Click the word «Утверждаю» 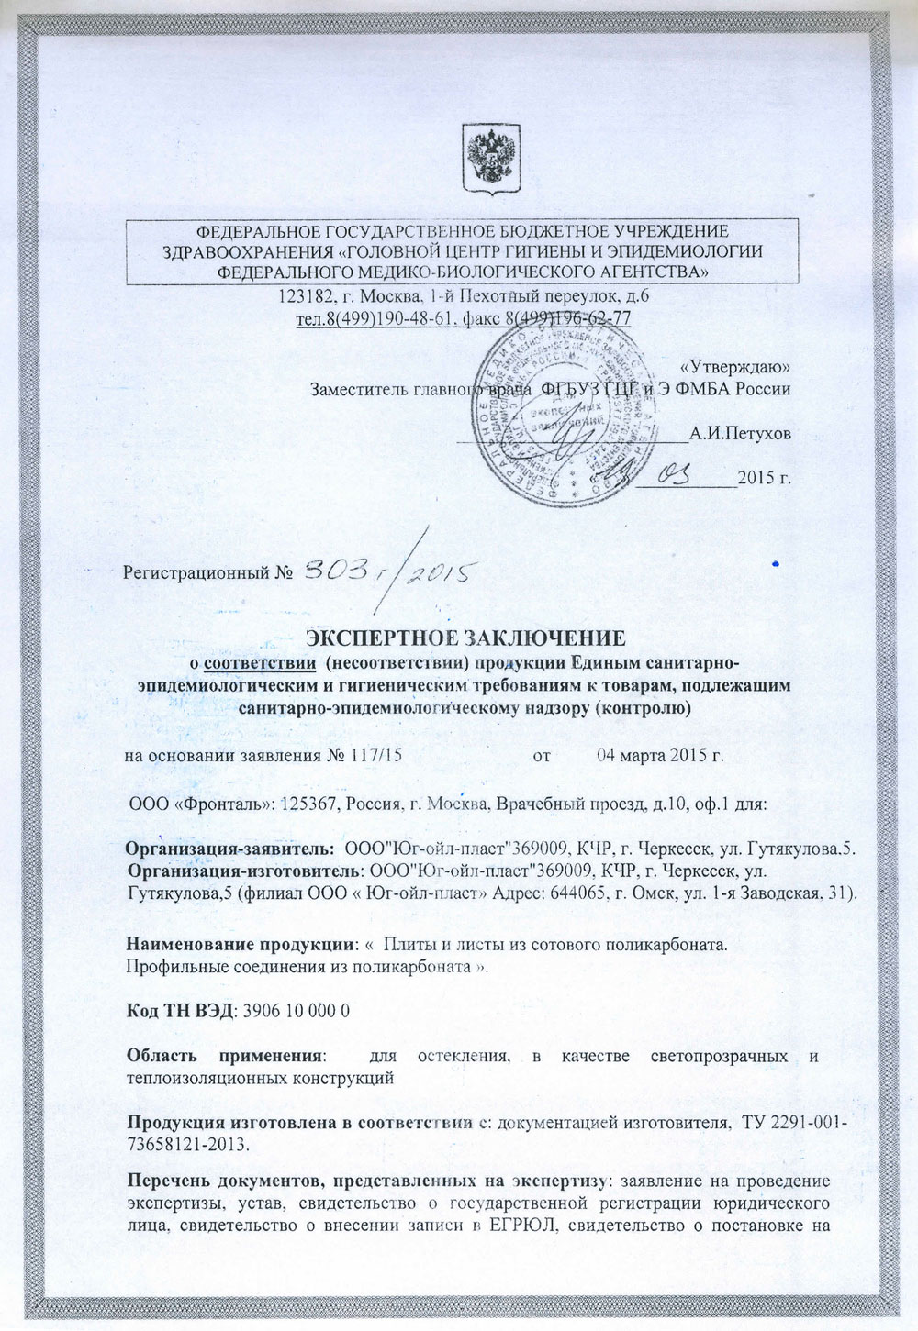click(x=740, y=367)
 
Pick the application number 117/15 click(x=376, y=756)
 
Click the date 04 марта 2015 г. click(x=661, y=756)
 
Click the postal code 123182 click(x=304, y=298)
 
